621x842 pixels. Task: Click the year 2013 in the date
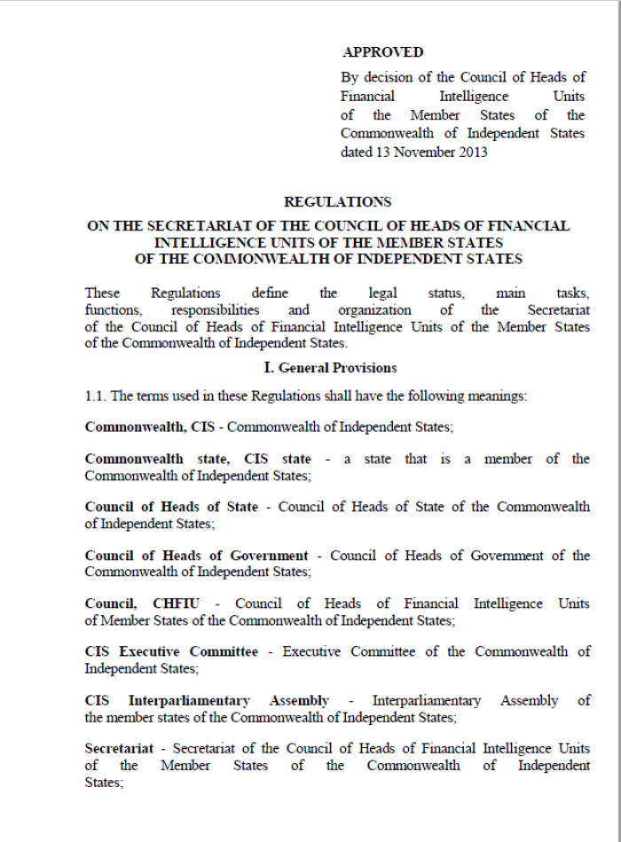pos(472,152)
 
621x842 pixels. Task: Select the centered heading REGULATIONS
pos(337,202)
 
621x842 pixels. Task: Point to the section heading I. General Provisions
pos(337,367)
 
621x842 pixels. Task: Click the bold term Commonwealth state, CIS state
pos(198,458)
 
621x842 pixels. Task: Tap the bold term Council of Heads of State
pos(171,507)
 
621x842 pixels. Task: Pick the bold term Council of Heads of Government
pos(196,556)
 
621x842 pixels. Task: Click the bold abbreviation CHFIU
pos(180,604)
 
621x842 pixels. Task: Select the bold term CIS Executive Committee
pos(171,651)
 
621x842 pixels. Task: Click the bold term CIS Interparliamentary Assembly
pos(207,700)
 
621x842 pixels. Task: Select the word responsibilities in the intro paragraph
pos(215,310)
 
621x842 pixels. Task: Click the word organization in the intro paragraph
pos(374,310)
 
